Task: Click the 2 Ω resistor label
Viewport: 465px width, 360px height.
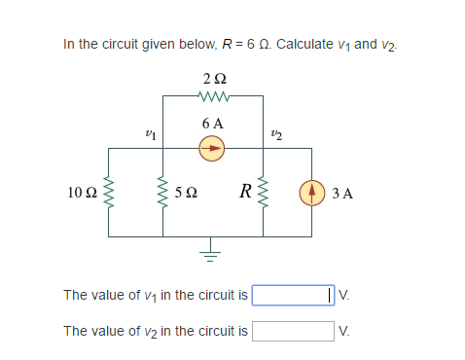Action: tap(213, 79)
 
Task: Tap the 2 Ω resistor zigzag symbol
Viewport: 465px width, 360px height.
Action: tap(213, 95)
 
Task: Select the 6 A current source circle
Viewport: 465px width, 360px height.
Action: tap(212, 148)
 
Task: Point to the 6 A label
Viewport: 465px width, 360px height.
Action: tap(212, 124)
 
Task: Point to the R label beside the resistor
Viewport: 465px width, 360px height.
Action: tap(245, 192)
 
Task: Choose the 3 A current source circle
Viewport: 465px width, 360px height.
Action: tap(312, 192)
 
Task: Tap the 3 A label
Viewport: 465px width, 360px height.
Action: tap(341, 193)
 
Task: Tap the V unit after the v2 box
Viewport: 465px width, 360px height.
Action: tap(343, 331)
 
